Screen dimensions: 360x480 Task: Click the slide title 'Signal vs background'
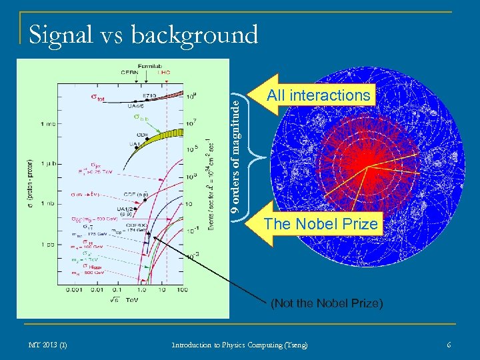143,35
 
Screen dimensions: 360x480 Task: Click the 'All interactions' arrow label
318,95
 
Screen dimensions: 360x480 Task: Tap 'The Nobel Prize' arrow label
321,224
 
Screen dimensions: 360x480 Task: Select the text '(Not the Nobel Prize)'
327,304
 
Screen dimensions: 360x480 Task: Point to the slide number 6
449,345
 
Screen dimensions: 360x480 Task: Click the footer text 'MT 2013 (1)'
47,345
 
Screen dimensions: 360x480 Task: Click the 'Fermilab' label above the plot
148,66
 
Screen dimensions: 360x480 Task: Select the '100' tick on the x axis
182,290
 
